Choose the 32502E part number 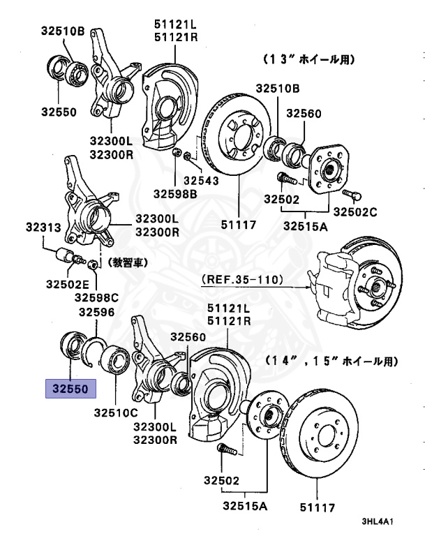[67, 284]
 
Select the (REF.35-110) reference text [242, 280]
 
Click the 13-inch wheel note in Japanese [319, 61]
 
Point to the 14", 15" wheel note [331, 362]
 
